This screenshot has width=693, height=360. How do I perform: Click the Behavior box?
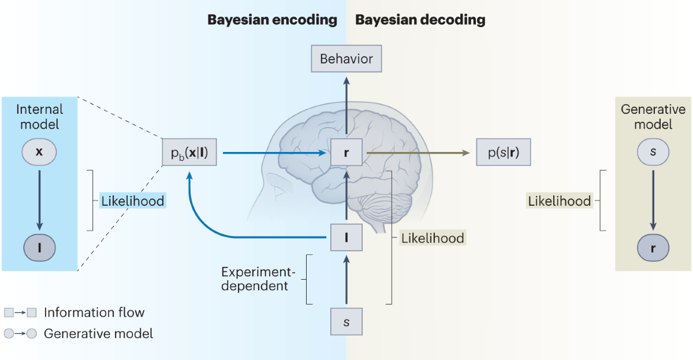pos(346,59)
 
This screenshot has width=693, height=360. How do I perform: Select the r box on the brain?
pos(346,154)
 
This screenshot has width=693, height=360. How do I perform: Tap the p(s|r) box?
pos(503,154)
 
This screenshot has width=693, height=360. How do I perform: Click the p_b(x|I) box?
pos(189,154)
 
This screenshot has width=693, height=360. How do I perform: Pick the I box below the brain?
pos(346,237)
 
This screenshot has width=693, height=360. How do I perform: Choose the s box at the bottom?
pos(346,321)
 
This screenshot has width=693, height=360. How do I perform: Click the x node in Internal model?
pos(39,152)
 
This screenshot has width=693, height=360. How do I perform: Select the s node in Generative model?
pos(653,152)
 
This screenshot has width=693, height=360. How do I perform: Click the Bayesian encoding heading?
pos(272,20)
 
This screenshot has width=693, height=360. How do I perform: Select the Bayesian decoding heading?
pos(420,20)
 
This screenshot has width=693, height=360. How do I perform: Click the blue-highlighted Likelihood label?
pos(132,201)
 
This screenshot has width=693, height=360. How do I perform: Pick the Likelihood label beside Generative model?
pos(559,201)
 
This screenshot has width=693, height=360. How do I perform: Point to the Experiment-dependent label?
pos(255,279)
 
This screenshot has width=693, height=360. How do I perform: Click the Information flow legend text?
pos(94,313)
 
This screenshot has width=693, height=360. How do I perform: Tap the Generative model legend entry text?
pos(98,333)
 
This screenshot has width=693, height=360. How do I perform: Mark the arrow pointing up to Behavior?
pos(346,106)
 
